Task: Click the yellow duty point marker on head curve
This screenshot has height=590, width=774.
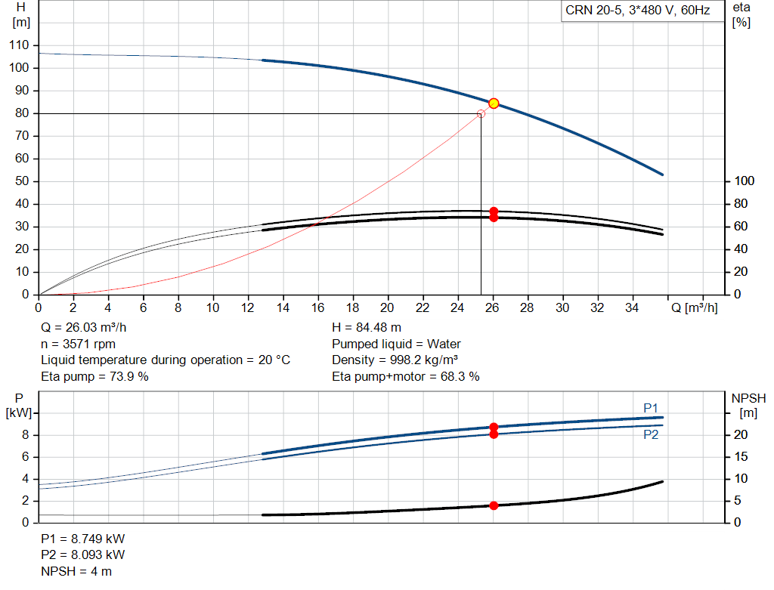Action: (x=494, y=103)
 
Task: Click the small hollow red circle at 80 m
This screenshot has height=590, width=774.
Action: (x=481, y=113)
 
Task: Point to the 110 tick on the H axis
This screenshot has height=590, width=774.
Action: (x=20, y=45)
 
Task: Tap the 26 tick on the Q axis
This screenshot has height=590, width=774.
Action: (x=493, y=307)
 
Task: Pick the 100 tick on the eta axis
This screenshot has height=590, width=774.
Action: (x=745, y=181)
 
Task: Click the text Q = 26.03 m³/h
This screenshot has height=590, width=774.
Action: (x=84, y=328)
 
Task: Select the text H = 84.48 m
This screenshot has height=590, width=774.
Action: (x=366, y=328)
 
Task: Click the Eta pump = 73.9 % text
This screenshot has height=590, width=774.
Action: (x=94, y=375)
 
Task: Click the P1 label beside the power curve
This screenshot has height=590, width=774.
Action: (x=651, y=408)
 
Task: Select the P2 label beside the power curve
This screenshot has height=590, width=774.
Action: (x=651, y=434)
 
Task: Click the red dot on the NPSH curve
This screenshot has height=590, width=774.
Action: (x=494, y=505)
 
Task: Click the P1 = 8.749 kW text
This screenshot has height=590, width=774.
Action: (x=83, y=539)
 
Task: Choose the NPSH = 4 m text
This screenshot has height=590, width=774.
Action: (x=76, y=571)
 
